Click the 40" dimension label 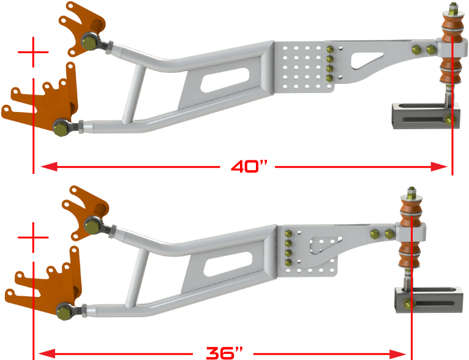click(250, 166)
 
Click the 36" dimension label click(224, 353)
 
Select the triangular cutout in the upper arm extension click(367, 58)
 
